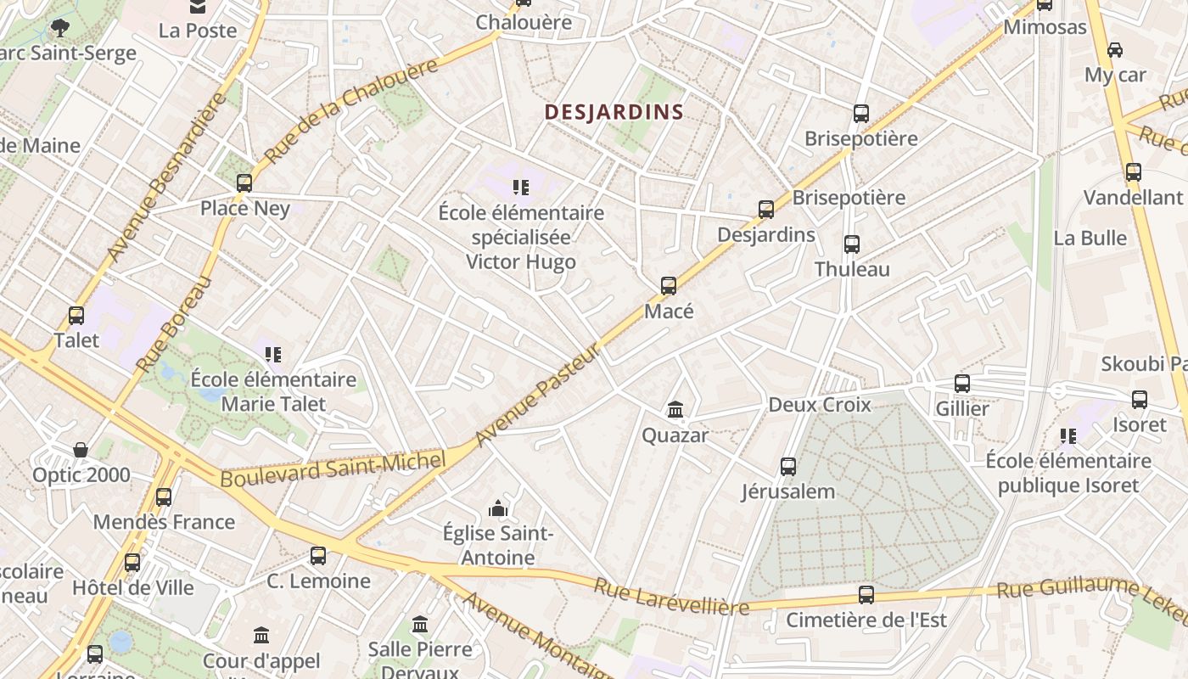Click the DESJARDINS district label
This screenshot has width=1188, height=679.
coord(614,111)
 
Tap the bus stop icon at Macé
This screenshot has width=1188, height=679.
coord(669,286)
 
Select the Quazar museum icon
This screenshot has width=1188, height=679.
coord(675,410)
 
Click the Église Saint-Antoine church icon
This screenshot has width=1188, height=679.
coord(498,508)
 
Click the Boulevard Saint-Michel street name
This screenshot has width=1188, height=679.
coord(333,469)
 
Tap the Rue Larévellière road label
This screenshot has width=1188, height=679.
coord(671,597)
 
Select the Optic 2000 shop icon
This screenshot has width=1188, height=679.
coord(81,449)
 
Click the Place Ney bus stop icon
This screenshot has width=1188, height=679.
coord(244,182)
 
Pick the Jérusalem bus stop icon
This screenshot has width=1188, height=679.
coord(788,466)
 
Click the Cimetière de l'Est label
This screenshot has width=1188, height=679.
coord(866,620)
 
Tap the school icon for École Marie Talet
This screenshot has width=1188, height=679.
coord(272,354)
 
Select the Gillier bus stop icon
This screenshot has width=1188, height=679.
coord(961,383)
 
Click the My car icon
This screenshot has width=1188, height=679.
coord(1115,49)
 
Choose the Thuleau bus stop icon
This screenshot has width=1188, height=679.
coord(852,244)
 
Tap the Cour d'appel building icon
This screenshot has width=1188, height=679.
coord(261,635)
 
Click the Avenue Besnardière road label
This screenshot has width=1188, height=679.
coord(167,177)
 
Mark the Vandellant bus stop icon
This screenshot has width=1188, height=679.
coord(1133,172)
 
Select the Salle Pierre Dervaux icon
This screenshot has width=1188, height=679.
coord(420,625)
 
